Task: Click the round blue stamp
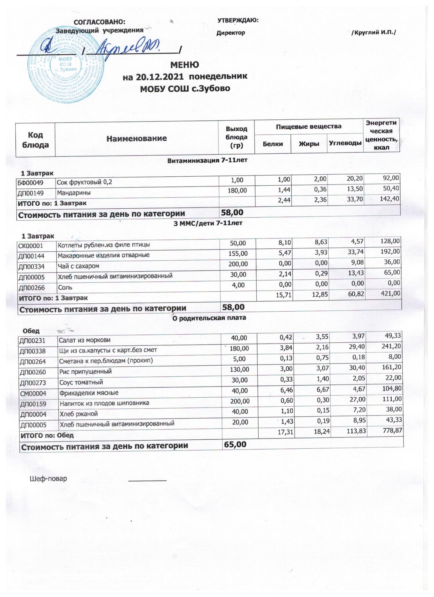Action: point(67,66)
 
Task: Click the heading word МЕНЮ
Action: point(184,64)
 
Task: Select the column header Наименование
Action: point(136,139)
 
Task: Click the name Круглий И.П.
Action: point(374,33)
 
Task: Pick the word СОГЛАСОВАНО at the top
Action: point(99,22)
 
